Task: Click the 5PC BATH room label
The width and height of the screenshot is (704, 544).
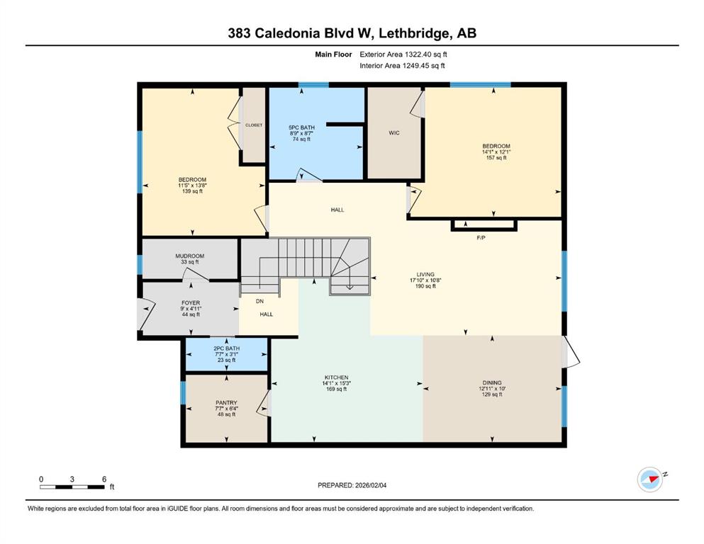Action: coord(302,127)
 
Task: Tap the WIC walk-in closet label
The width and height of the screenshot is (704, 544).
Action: coord(394,132)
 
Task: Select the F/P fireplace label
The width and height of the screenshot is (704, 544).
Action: coord(481,238)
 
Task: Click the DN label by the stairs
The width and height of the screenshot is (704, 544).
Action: coord(259,301)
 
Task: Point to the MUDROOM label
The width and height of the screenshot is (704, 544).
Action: coord(190,256)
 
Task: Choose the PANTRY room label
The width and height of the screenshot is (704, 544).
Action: coord(226,403)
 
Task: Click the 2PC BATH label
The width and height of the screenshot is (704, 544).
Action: coord(227,348)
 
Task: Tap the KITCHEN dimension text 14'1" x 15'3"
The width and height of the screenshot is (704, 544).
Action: coord(336,383)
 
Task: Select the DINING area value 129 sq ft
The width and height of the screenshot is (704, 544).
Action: coord(492,395)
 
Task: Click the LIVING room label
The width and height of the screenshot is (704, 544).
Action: coord(425,274)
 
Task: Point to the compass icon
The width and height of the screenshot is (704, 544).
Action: coord(650,480)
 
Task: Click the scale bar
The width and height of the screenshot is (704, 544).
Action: coord(72,487)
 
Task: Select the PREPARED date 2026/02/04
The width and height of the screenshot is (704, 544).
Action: coord(370,485)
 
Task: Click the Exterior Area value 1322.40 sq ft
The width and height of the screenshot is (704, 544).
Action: coord(426,55)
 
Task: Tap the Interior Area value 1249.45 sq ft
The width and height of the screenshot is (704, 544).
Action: coord(423,65)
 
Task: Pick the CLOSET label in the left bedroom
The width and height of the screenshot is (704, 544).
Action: coord(254,125)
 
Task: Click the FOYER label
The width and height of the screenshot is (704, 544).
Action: coord(191,303)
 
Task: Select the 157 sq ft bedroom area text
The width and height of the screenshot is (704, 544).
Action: coord(496,158)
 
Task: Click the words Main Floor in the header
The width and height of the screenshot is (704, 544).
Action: coord(333,55)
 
